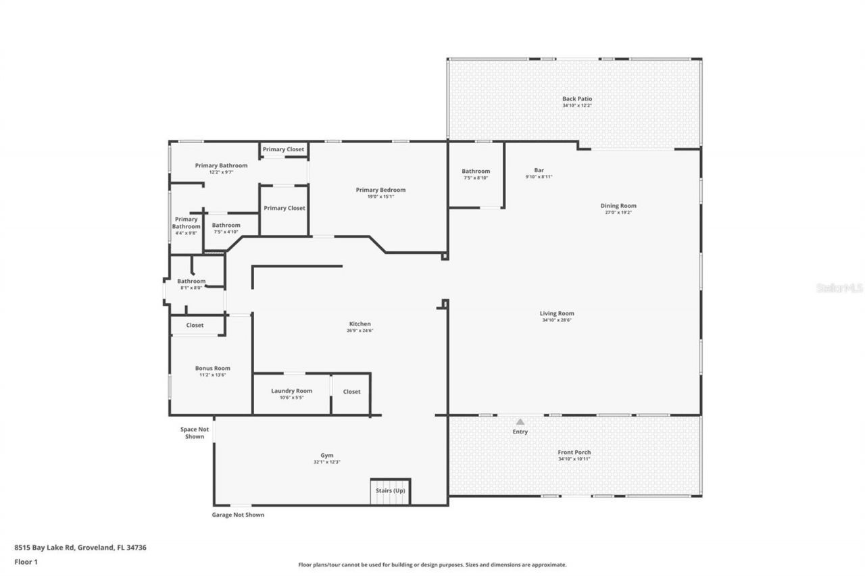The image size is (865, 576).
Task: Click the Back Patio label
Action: coord(576,99)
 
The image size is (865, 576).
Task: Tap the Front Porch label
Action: coord(574,452)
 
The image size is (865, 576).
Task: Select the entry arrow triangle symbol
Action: coord(520,421)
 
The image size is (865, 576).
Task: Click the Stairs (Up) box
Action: coord(390,491)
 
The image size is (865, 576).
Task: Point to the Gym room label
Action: coord(326,455)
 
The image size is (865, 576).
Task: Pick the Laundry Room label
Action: coord(291,391)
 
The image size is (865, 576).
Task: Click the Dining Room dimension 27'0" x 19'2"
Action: coord(618,213)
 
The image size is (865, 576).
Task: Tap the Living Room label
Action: coord(557,313)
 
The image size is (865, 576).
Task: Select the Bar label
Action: coord(539,170)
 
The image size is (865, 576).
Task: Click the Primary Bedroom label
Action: coord(380,190)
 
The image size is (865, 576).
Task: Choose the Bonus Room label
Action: coord(212,368)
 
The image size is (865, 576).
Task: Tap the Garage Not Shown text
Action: coord(238,515)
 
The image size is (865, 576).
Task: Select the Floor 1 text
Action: coord(26,561)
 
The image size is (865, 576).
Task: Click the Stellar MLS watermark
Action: coord(839,288)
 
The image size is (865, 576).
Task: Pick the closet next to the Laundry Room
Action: coord(351,392)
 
